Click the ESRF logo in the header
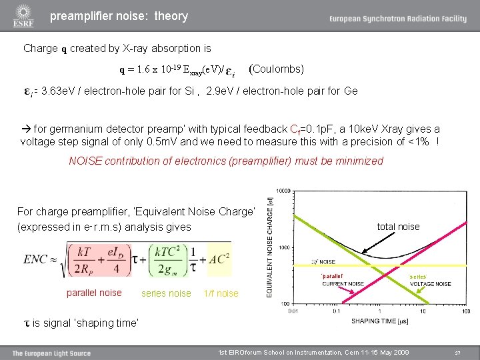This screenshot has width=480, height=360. [23, 15]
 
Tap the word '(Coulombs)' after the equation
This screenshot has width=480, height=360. [276, 69]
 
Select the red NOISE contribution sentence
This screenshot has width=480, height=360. [226, 161]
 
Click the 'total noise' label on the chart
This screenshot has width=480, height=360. [398, 227]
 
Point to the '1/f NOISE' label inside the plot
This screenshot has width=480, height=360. [323, 262]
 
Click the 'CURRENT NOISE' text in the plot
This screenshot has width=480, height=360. [343, 283]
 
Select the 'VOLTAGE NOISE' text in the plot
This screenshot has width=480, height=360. [429, 283]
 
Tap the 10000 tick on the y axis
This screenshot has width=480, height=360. [283, 191]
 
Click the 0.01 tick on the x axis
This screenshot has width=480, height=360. [294, 311]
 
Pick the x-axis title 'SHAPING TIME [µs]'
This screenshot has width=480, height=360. [380, 321]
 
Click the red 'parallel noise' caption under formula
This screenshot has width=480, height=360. [94, 293]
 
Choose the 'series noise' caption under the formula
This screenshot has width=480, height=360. [166, 293]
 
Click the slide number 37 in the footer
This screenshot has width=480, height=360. [457, 352]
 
